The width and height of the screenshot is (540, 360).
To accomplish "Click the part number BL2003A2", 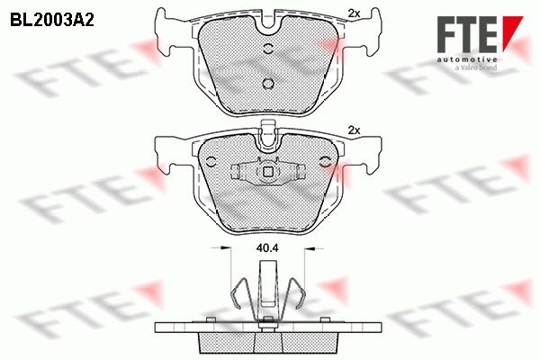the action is pos(52,21).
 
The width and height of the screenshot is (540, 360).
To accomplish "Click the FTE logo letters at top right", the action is pos(467,34).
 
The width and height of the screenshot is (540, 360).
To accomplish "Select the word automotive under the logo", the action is pos(467,59).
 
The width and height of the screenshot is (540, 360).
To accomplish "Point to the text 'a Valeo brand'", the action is pos(476,67).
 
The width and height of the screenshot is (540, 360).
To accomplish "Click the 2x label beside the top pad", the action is pos(354,13).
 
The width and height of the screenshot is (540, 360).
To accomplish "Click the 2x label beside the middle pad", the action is pos(354,130).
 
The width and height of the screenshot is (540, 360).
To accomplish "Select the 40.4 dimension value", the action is pos(267,248).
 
